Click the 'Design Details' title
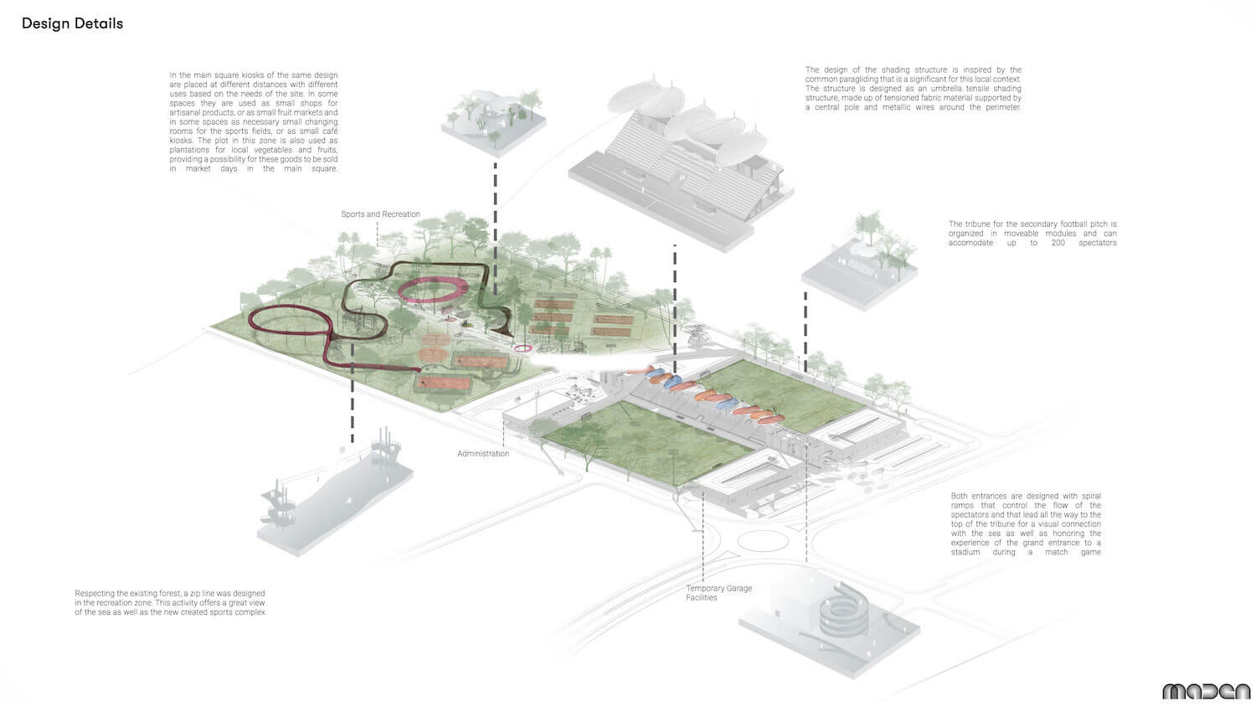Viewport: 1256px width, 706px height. (x=72, y=23)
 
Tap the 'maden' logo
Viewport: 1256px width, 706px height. (x=1206, y=692)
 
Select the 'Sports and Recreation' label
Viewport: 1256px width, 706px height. (x=380, y=214)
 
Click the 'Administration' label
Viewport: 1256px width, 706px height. (x=483, y=454)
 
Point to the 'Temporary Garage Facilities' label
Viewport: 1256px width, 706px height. (x=718, y=593)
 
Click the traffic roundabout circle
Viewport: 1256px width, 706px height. (x=763, y=541)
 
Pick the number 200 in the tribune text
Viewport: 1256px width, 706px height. (x=1058, y=243)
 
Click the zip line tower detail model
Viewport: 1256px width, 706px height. (x=334, y=493)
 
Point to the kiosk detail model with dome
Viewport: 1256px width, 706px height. (x=494, y=121)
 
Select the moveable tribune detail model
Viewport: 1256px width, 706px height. (x=860, y=264)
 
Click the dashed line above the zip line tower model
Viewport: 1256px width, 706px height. (x=353, y=393)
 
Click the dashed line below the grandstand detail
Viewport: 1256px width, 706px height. (x=675, y=308)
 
